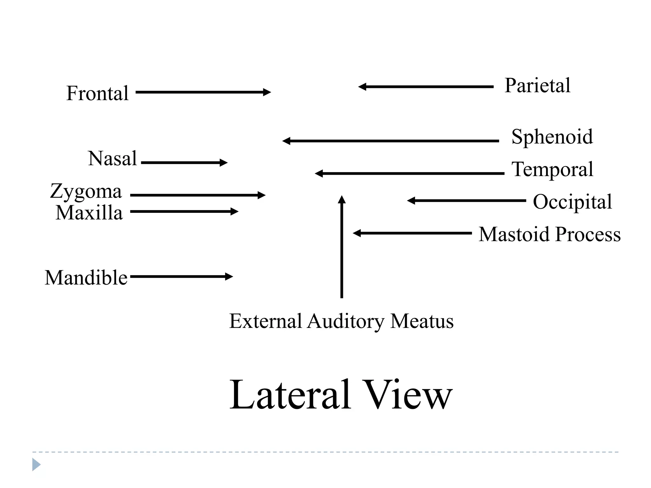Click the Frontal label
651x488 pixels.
97,93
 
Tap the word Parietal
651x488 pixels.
537,86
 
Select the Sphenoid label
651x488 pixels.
552,137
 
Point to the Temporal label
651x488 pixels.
552,169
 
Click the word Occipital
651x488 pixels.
572,202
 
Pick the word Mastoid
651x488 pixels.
514,234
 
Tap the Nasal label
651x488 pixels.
113,158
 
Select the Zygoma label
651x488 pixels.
86,192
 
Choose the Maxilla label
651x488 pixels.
89,213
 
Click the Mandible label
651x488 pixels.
86,278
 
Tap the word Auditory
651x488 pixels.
346,322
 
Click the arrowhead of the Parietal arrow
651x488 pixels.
362,87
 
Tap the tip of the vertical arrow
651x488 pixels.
342,198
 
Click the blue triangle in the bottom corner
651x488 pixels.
36,464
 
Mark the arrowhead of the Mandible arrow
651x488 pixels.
230,276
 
